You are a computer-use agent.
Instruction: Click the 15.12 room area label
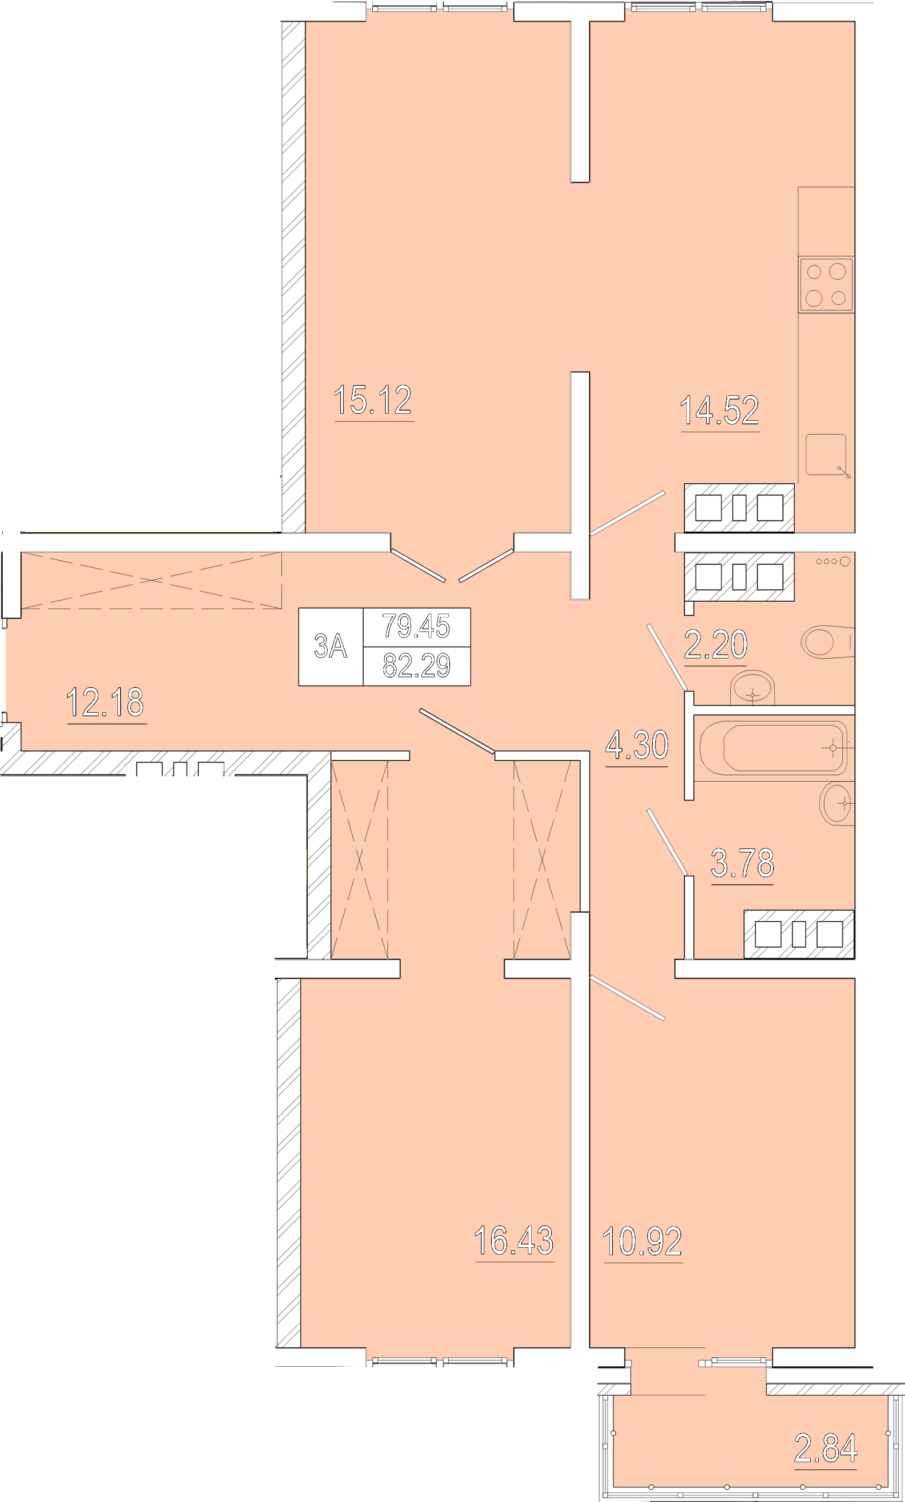coord(373,400)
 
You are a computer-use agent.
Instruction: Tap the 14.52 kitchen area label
coord(720,410)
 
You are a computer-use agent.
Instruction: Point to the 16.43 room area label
coord(514,1241)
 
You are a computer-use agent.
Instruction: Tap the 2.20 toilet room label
coord(715,644)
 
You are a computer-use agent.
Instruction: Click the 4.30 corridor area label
coord(637,745)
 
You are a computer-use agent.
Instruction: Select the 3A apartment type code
coord(330,646)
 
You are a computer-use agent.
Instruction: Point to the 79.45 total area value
coord(416,626)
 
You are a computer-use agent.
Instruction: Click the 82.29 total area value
coord(416,666)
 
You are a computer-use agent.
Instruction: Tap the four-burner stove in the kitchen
coord(826,284)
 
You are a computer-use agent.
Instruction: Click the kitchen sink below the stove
coord(826,455)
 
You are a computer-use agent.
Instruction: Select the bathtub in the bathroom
coord(774,748)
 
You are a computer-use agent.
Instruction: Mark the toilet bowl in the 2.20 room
coord(827,642)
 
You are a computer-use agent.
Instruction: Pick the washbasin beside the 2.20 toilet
coord(752,687)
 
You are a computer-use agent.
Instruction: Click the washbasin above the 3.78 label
coord(837,804)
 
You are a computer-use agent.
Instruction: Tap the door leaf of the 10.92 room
coord(627,998)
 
